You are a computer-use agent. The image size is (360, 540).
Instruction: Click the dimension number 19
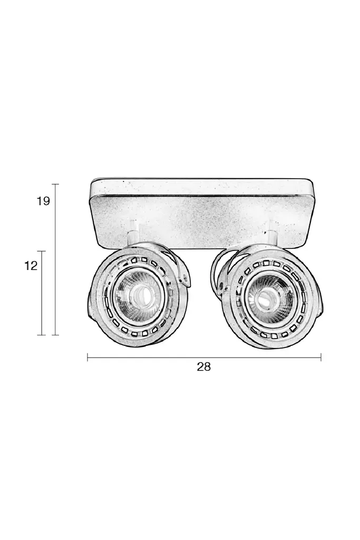(44, 201)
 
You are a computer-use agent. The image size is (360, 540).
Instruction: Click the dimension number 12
(31, 266)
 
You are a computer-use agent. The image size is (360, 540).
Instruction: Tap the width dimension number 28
(203, 367)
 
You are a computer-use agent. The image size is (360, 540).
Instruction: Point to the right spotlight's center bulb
(266, 297)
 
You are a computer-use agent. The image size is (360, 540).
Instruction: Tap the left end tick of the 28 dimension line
(87, 357)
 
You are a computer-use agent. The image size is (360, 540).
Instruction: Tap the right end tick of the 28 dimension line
(321, 357)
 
